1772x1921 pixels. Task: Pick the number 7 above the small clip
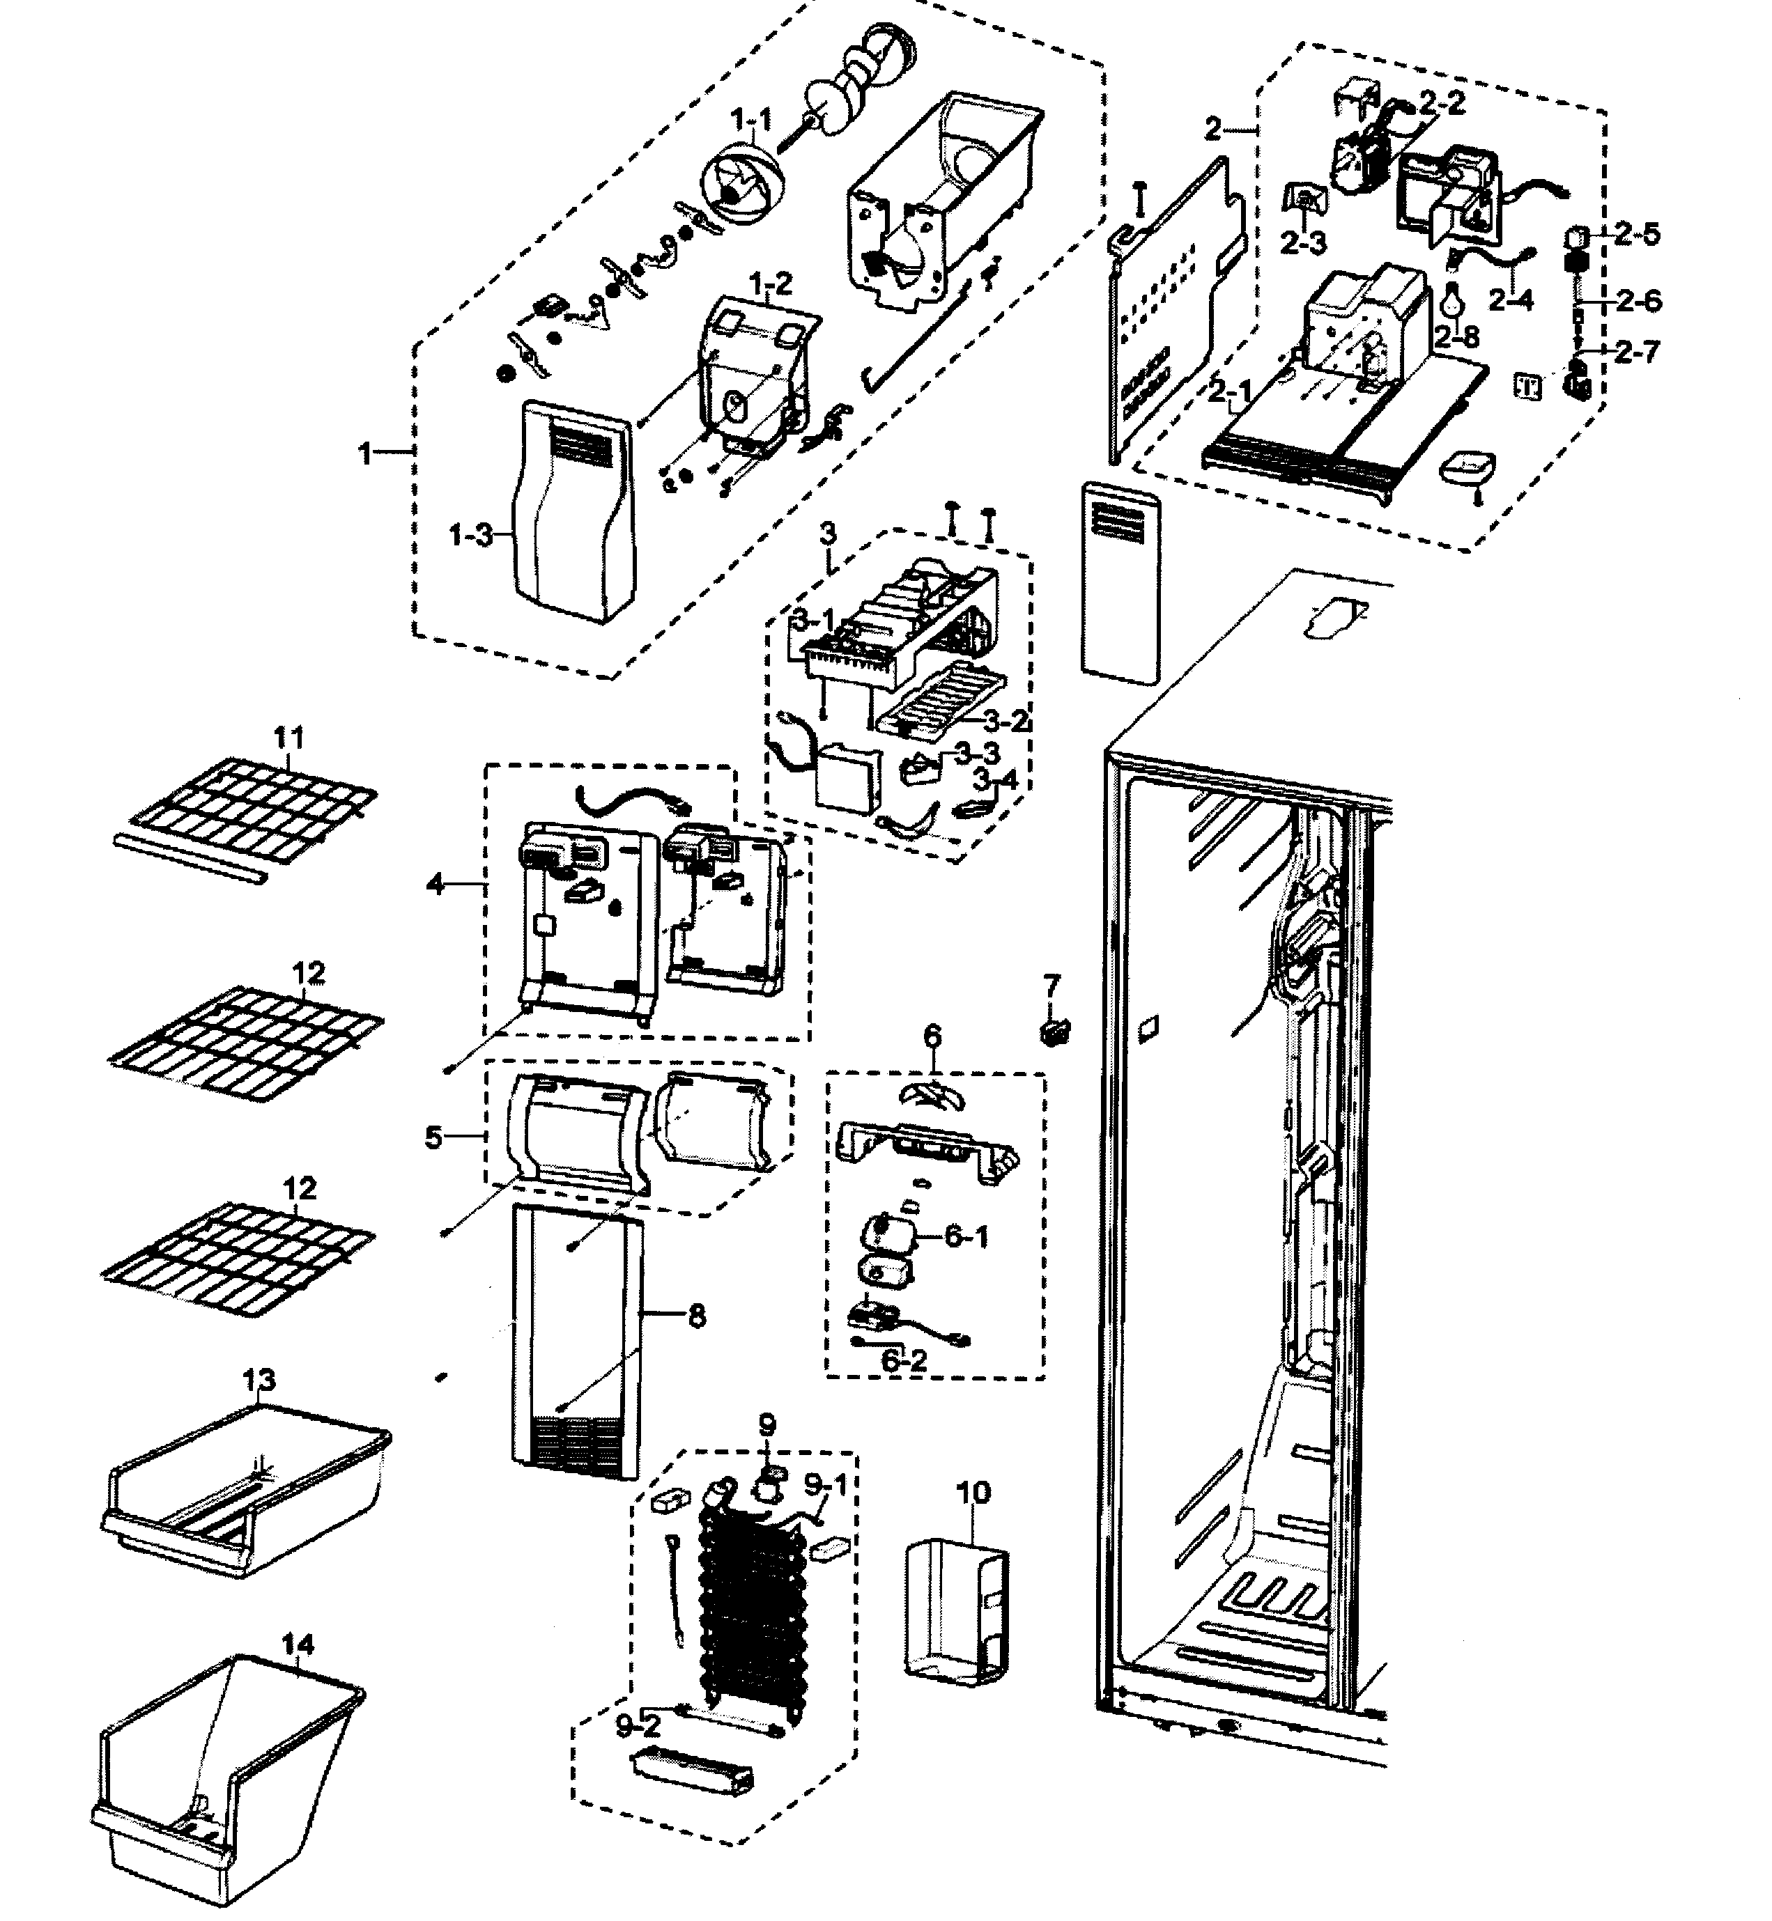pyautogui.click(x=1052, y=984)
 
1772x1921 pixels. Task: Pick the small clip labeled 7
pyautogui.click(x=1054, y=1032)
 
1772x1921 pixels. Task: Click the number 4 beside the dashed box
pyautogui.click(x=436, y=884)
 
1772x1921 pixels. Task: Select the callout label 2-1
pyautogui.click(x=1229, y=391)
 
